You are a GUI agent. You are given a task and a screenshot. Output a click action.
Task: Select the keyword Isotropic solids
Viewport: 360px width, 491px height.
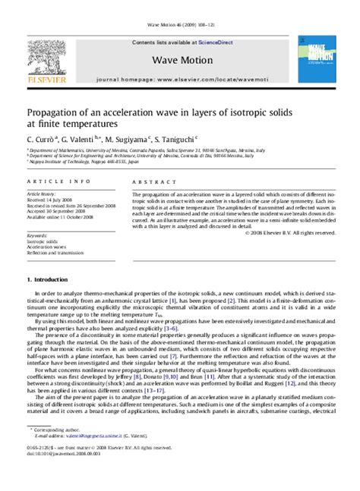(x=42, y=241)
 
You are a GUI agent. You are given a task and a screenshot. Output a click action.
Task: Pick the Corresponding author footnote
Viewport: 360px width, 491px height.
(x=56, y=452)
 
